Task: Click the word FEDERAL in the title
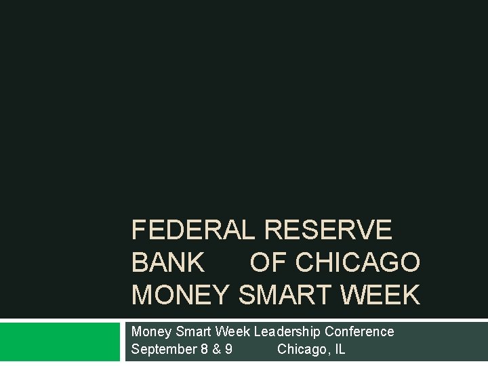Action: (193, 230)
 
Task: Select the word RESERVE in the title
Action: (328, 230)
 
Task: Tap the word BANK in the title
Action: (167, 262)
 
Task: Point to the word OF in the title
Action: (268, 262)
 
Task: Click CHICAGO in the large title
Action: (358, 262)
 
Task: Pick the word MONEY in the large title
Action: (181, 295)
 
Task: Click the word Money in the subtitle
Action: (151, 331)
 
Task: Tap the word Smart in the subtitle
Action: (193, 331)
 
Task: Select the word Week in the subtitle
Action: (232, 331)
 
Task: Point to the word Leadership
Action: (287, 331)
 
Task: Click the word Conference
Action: (359, 331)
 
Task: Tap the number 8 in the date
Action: (205, 350)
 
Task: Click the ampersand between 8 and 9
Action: (216, 350)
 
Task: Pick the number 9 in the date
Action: (228, 350)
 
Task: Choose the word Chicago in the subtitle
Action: (302, 350)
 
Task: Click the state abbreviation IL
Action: (339, 350)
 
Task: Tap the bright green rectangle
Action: (59, 342)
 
